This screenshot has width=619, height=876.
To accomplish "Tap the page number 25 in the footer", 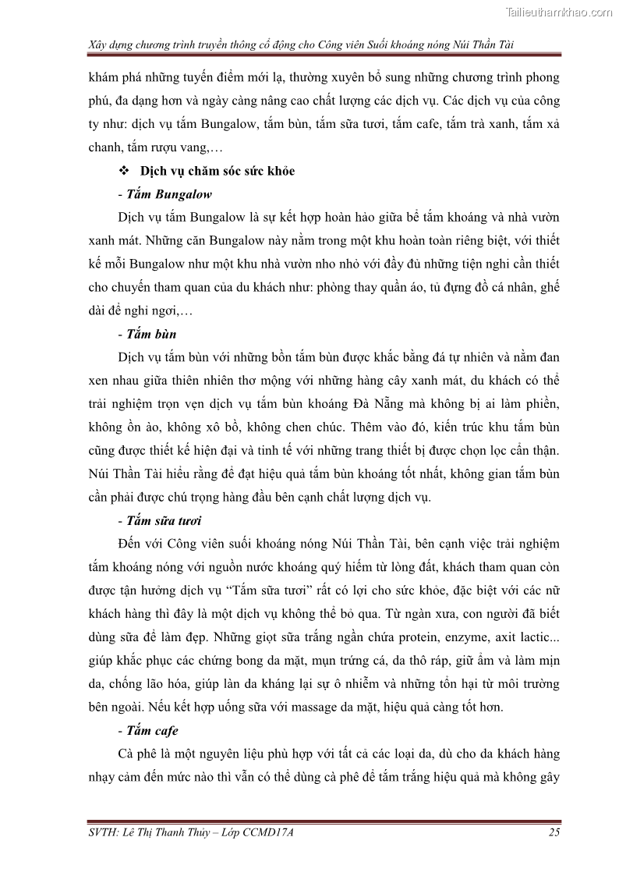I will click(x=554, y=832).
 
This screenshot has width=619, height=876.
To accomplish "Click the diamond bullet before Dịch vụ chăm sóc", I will click(x=122, y=172).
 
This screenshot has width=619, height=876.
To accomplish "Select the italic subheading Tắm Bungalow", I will click(x=168, y=193).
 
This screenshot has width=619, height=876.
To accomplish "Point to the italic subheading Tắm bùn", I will click(x=151, y=335).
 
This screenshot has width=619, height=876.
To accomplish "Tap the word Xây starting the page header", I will click(x=99, y=47).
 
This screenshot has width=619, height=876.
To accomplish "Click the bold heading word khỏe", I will click(x=279, y=172).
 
